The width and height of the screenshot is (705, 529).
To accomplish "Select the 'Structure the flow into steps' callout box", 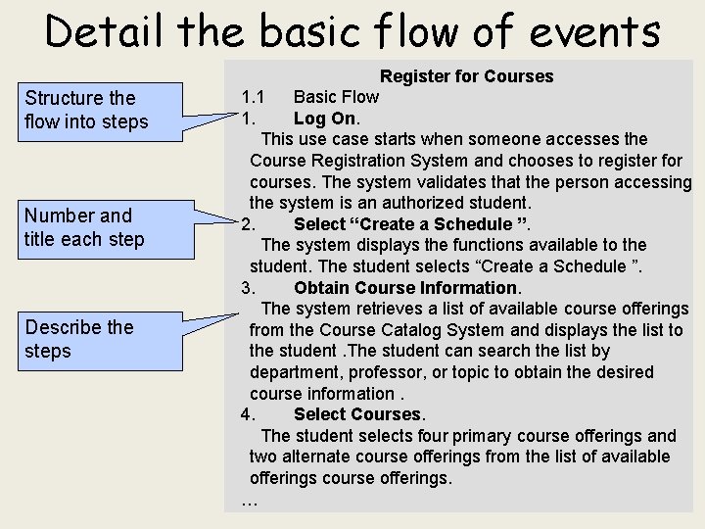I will (x=93, y=110).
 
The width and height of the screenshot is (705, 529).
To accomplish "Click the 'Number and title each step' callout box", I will (x=93, y=227).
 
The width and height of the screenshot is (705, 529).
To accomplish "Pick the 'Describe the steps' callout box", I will (x=93, y=339).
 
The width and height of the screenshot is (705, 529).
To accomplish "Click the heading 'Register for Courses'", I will (x=466, y=76).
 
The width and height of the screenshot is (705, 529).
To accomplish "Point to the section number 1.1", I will (x=254, y=97).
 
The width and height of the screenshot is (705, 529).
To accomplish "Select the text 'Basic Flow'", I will (x=336, y=97).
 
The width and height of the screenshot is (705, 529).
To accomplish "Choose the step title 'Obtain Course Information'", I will (x=405, y=288).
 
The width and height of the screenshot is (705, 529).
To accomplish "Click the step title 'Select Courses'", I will (x=356, y=414).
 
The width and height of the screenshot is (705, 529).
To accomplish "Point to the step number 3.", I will (x=248, y=288).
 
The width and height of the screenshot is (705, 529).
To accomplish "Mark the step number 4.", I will (x=248, y=414).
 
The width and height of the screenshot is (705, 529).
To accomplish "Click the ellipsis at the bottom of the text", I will (x=249, y=502).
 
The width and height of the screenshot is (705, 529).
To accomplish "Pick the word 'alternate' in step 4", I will (x=313, y=457).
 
